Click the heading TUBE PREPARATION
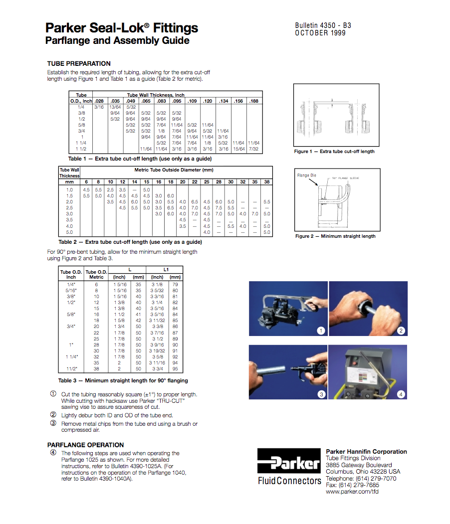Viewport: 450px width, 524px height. point(79,64)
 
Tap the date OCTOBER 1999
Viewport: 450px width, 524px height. point(320,33)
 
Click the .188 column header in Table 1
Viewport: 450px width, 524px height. point(254,101)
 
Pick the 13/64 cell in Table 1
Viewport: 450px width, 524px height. point(115,107)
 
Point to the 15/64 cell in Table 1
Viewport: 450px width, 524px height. point(238,149)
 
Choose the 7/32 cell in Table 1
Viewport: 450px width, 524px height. point(254,149)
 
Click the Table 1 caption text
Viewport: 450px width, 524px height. point(140,159)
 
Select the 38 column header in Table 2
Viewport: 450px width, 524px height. point(267,182)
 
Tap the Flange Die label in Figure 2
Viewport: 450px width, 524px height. point(306,175)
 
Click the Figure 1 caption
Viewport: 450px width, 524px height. point(334,152)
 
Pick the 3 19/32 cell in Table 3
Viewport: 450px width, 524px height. point(157,351)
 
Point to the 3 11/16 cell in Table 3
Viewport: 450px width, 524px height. point(157,363)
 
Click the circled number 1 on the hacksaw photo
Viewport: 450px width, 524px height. point(321,331)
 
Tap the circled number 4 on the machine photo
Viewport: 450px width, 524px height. point(401,394)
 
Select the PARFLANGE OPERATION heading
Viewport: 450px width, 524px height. point(85,445)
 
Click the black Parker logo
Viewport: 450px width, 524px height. point(289,461)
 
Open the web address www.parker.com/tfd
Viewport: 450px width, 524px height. point(352,492)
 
